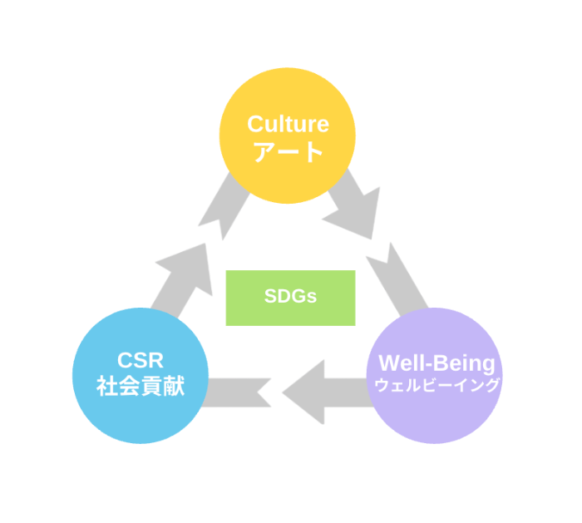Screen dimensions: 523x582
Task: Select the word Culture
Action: [288, 125]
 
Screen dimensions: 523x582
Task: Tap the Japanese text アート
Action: [288, 152]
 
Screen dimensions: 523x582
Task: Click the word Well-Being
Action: [436, 363]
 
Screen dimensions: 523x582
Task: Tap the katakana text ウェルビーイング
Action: [436, 386]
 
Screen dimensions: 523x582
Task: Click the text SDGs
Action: [290, 297]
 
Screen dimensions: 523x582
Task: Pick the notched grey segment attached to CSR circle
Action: [237, 392]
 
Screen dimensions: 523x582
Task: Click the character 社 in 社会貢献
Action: [106, 387]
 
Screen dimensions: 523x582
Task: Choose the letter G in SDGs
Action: [298, 297]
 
